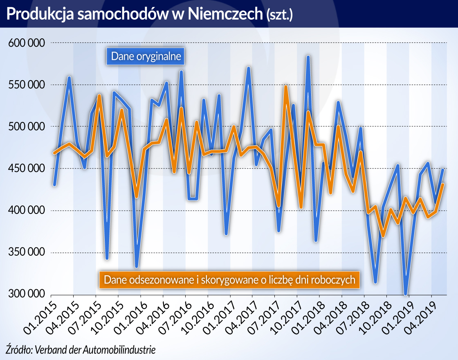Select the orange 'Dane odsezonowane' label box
click(229, 280)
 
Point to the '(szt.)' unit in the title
click(279, 15)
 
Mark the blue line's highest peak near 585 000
click(308, 56)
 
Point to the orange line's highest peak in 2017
click(286, 87)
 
